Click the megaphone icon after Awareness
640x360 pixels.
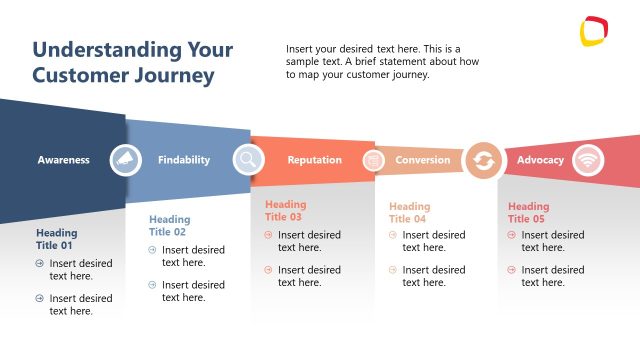(x=125, y=160)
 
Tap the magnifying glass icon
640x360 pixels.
(x=249, y=160)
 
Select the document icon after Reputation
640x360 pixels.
(x=373, y=160)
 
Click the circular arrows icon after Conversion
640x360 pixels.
(x=484, y=160)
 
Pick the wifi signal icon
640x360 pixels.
(x=588, y=160)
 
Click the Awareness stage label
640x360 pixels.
(x=63, y=160)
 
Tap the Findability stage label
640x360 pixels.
(x=184, y=160)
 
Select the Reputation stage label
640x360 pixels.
(x=314, y=160)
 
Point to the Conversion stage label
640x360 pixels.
(x=422, y=160)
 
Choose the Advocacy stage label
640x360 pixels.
(x=540, y=160)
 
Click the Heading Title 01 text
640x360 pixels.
(x=56, y=239)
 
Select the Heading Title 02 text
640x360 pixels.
(x=169, y=226)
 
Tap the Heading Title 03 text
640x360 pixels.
(x=285, y=211)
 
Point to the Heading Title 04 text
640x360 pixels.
(x=409, y=213)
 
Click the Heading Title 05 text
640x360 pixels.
(x=528, y=213)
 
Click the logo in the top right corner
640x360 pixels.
(x=595, y=31)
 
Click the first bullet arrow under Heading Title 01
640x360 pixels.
(x=40, y=264)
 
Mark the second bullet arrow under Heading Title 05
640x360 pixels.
(x=512, y=270)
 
